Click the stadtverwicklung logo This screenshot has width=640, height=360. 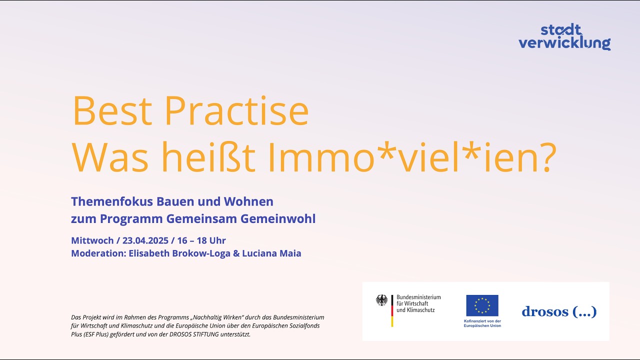[564, 37]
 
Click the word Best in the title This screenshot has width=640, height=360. [112, 111]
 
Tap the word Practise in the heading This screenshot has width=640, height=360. [237, 111]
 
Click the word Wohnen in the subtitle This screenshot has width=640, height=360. [248, 201]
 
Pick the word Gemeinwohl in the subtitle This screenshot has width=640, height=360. [278, 219]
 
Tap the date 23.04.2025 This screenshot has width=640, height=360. [145, 240]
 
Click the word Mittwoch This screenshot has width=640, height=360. [92, 240]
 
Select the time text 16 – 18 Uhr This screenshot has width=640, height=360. [201, 240]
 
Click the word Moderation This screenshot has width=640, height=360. [98, 253]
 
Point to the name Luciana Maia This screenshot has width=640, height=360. [271, 253]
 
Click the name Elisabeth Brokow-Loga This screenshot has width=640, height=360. [179, 253]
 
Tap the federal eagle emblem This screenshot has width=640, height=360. [381, 300]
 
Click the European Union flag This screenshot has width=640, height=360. [482, 305]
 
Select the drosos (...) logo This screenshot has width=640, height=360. [559, 311]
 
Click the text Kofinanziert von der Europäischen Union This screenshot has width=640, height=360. [482, 323]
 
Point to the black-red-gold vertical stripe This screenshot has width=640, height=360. [392, 311]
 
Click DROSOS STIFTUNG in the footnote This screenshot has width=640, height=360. [194, 334]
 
